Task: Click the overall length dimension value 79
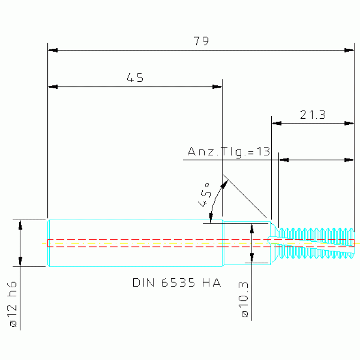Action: pos(201,41)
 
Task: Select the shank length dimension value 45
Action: pos(135,77)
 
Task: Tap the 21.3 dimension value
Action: pos(313,115)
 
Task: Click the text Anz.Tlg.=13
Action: pos(229,151)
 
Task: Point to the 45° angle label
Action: pos(204,195)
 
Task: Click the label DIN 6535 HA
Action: pos(177,283)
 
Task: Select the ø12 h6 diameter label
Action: pos(13,304)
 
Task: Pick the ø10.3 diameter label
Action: pos(244,299)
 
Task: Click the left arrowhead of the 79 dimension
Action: pos(53,50)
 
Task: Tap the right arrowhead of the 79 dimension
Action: pos(349,50)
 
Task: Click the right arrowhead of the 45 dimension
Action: pos(217,87)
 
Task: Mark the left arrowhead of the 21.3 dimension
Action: pos(276,123)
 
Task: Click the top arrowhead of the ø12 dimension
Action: pos(20,225)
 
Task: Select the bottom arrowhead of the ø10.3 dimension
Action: pos(252,258)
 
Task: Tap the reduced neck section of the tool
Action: pos(246,243)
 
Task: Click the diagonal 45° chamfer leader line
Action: pos(245,196)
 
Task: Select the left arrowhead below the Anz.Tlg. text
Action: pos(284,160)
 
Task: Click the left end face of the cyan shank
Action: pos(48,243)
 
